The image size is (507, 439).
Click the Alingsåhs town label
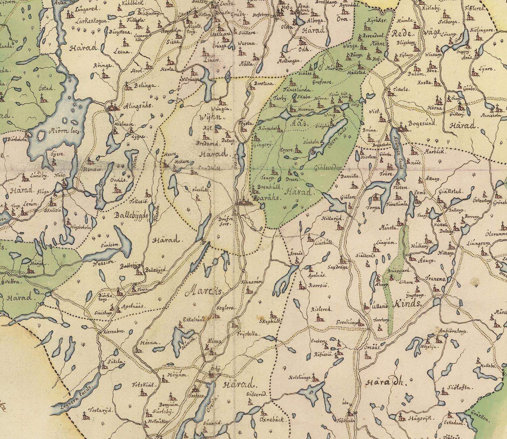[134, 106]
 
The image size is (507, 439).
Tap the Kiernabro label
[117, 331]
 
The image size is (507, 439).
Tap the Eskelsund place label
[194, 318]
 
